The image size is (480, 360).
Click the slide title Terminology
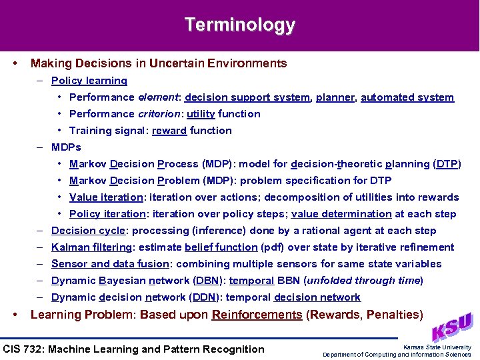(240, 25)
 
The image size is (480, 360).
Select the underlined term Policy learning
(89, 81)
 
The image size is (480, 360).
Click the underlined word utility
(201, 114)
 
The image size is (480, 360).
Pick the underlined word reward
(169, 131)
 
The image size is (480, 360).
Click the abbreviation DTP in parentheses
(447, 164)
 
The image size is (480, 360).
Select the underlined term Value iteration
(106, 197)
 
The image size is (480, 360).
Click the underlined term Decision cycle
(88, 231)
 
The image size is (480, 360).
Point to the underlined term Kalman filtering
(91, 247)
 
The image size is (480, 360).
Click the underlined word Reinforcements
(257, 315)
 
